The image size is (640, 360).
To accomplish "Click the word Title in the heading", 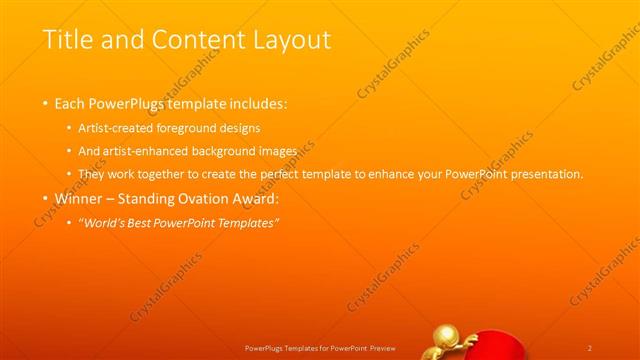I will point(68,41).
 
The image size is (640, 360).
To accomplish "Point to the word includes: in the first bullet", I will point(258,104).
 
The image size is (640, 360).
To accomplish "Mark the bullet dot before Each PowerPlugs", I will point(45,104).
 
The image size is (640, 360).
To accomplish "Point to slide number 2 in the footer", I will point(590,348).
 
